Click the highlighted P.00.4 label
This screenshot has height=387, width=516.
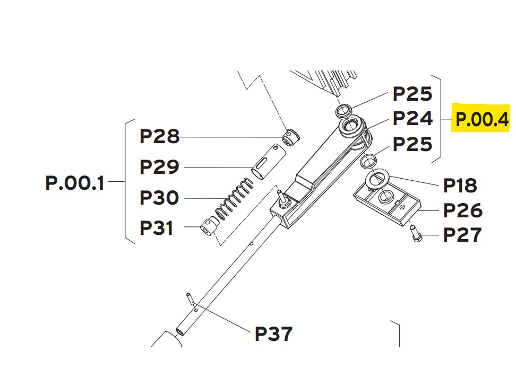(x=482, y=119)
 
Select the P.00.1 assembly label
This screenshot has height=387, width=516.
(x=75, y=183)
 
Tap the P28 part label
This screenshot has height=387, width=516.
(x=160, y=136)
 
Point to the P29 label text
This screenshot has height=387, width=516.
(x=160, y=167)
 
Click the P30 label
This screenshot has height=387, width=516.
(x=160, y=197)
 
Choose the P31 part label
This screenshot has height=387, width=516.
(x=156, y=227)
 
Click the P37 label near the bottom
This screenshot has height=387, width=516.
(x=273, y=334)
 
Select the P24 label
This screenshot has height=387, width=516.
(x=412, y=118)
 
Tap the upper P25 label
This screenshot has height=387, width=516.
(x=412, y=94)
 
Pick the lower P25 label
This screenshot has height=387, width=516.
(x=412, y=144)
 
